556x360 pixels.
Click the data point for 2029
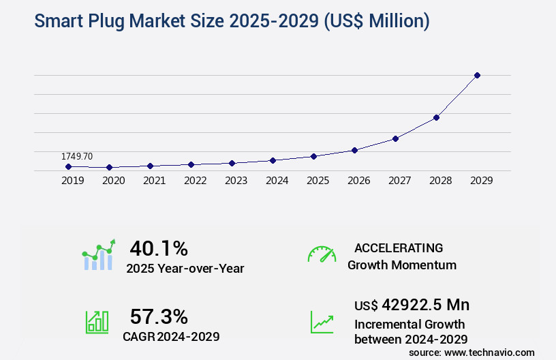point(477,75)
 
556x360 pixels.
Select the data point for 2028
point(436,117)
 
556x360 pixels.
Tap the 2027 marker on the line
point(395,138)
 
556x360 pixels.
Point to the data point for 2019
point(68,166)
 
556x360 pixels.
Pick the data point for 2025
point(313,156)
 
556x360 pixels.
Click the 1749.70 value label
point(77,157)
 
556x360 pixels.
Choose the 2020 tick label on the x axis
point(113,181)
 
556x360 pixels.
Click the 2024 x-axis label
point(277,181)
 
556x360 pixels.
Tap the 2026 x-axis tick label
point(358,181)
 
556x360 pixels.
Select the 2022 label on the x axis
point(195,181)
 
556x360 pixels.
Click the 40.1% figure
point(159,247)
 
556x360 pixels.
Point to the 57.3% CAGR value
point(159,316)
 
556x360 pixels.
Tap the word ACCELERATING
point(399,247)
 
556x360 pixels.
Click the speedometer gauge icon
point(322,254)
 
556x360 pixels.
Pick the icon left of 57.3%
point(97,322)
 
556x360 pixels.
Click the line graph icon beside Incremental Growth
point(322,322)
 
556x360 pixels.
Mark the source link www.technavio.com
point(489,352)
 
